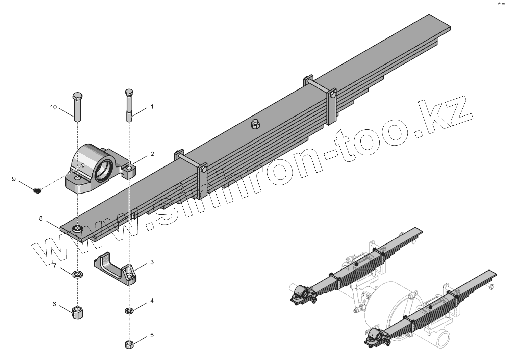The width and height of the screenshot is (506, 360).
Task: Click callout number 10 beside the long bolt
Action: (53, 107)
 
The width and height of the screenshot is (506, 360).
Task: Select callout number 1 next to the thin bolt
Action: (152, 106)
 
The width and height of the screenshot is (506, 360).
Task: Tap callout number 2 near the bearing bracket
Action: (152, 154)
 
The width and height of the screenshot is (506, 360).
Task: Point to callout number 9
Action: (14, 179)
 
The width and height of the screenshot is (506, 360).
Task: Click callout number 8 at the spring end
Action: (41, 218)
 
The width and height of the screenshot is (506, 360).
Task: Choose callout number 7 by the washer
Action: (54, 266)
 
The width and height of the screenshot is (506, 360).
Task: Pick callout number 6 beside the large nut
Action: (54, 304)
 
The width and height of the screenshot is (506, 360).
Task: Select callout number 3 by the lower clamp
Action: (152, 262)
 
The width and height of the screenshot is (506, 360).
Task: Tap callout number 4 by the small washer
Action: (152, 300)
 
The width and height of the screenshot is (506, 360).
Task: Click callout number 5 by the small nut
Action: (152, 335)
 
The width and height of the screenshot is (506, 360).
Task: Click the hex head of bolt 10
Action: (77, 95)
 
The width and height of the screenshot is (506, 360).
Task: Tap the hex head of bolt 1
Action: (129, 92)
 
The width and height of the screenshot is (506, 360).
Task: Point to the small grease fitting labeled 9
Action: (37, 191)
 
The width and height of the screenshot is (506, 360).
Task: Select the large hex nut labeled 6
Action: (78, 312)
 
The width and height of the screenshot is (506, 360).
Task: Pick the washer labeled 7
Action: (78, 274)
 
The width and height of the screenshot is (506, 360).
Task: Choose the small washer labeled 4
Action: (129, 310)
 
